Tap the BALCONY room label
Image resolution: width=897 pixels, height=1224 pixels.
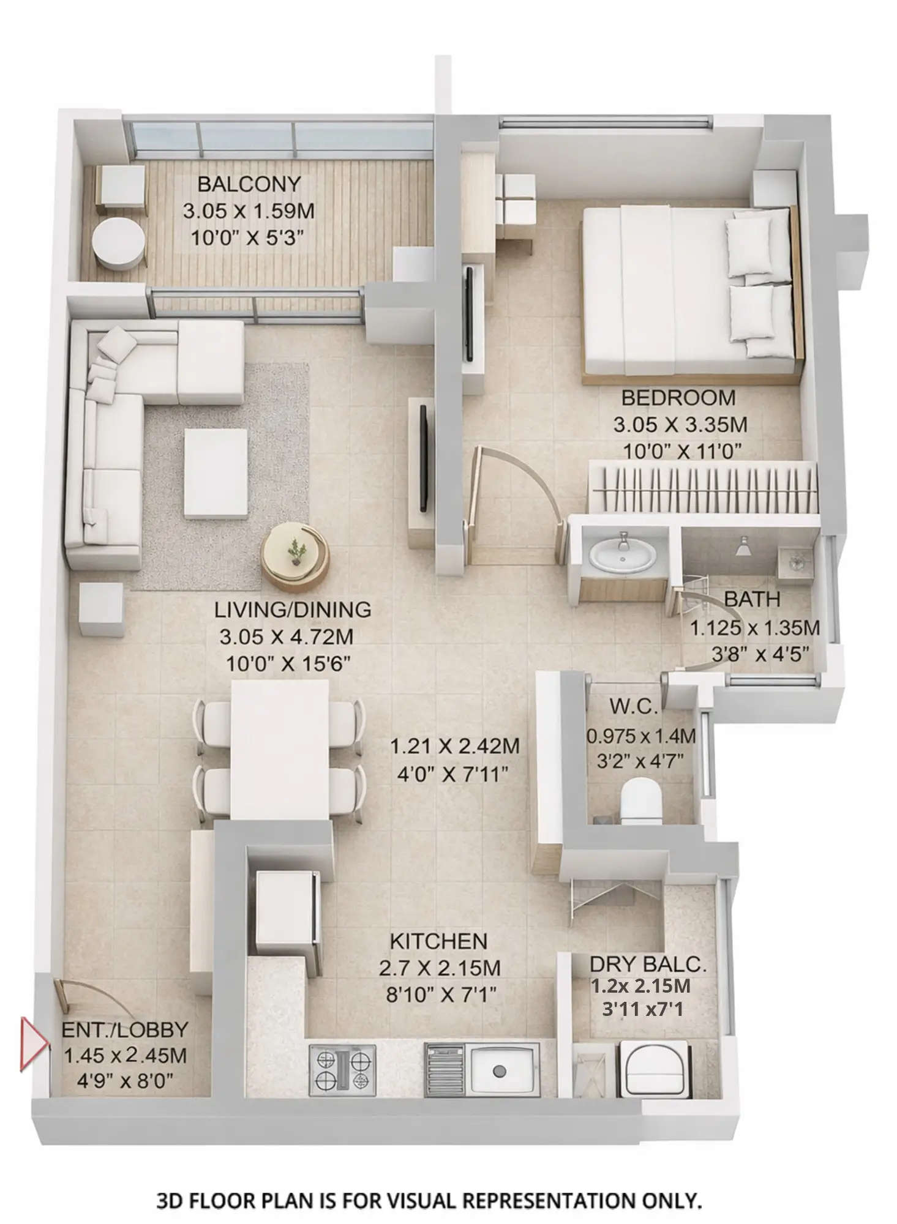249,184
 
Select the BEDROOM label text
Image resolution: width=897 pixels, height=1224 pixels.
678,398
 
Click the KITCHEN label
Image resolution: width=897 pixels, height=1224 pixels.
438,941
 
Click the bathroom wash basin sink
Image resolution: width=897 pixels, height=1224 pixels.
623,556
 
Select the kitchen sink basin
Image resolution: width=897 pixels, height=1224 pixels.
500,1070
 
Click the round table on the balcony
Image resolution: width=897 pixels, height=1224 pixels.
119,244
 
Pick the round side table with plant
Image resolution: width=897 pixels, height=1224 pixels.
295,556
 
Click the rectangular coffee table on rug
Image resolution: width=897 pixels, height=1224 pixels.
216,473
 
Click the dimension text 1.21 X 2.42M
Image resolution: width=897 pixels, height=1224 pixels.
455,746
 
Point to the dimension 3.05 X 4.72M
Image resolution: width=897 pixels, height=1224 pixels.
287,636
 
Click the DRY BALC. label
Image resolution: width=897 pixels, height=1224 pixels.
648,965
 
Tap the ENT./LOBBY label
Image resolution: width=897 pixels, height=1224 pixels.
124,1029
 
